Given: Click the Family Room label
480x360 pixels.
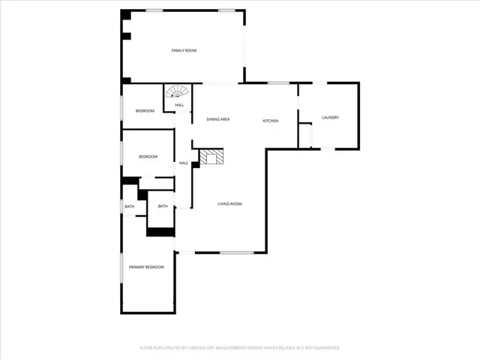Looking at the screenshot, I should pyautogui.click(x=184, y=50).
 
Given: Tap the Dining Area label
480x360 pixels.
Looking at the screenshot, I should pyautogui.click(x=217, y=120).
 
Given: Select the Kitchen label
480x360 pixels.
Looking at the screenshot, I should pyautogui.click(x=270, y=121).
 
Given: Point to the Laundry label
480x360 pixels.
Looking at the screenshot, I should pyautogui.click(x=331, y=118).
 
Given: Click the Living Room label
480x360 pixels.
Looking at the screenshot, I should pyautogui.click(x=229, y=204).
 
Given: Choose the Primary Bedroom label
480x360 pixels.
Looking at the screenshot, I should pyautogui.click(x=146, y=268).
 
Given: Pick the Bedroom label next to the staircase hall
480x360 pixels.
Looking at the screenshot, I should pyautogui.click(x=145, y=111).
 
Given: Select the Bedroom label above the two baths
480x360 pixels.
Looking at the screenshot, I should pyautogui.click(x=148, y=157).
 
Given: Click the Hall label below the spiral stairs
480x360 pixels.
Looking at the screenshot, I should pyautogui.click(x=180, y=105).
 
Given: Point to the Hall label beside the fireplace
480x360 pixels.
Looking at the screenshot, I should pyautogui.click(x=183, y=163).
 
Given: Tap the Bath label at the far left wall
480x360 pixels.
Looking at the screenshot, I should pyautogui.click(x=130, y=206).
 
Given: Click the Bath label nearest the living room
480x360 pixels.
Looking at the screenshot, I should pyautogui.click(x=163, y=206).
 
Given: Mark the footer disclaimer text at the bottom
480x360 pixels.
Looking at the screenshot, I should pyautogui.click(x=240, y=348).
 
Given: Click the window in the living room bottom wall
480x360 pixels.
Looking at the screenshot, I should pyautogui.click(x=236, y=253).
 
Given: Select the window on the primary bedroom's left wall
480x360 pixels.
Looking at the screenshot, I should pyautogui.click(x=122, y=268).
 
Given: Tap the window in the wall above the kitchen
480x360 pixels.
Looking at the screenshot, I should pyautogui.click(x=279, y=82).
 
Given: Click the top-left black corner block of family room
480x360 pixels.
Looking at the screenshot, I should pyautogui.click(x=126, y=15).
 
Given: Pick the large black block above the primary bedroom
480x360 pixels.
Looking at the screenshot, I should pyautogui.click(x=160, y=232).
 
